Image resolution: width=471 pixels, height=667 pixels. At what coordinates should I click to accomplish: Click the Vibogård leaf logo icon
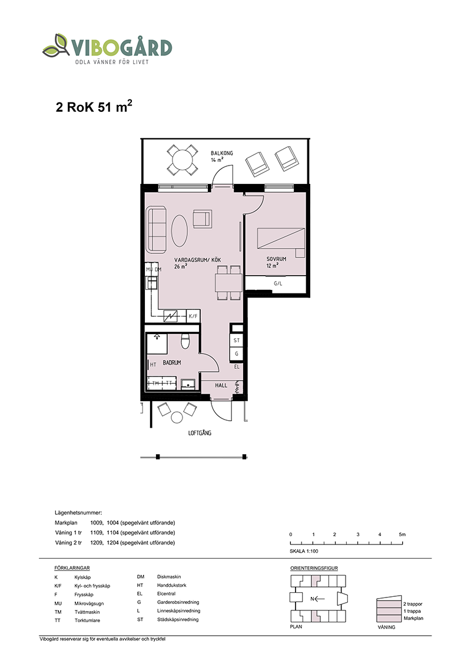click(56, 45)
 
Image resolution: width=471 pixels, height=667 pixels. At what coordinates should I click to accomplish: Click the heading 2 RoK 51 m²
click(94, 106)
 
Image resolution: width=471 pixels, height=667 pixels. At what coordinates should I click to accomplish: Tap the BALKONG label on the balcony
click(222, 153)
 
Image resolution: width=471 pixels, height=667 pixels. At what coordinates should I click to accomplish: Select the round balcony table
click(183, 160)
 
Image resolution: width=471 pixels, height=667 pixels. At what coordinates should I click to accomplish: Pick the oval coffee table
click(180, 230)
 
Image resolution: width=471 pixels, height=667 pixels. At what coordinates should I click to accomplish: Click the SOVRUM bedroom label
click(276, 259)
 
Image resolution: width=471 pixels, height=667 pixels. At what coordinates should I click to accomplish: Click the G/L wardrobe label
click(278, 283)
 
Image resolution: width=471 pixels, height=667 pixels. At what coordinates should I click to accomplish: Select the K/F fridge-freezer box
click(194, 316)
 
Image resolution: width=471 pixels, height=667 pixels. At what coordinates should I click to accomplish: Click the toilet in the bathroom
click(185, 341)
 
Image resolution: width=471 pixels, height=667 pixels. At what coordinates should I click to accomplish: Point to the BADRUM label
click(172, 362)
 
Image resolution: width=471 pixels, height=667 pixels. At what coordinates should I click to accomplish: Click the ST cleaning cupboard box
click(236, 341)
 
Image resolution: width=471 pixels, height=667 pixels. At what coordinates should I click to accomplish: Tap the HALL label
click(221, 385)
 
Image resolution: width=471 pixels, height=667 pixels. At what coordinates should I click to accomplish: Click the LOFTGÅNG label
click(200, 433)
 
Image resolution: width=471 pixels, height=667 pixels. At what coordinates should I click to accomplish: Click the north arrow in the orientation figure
click(317, 599)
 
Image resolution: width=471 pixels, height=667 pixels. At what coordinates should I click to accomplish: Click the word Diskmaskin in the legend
click(169, 577)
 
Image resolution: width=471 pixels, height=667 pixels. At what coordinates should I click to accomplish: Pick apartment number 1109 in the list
click(97, 533)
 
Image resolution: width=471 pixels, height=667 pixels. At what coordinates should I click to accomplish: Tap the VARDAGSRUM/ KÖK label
click(198, 260)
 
